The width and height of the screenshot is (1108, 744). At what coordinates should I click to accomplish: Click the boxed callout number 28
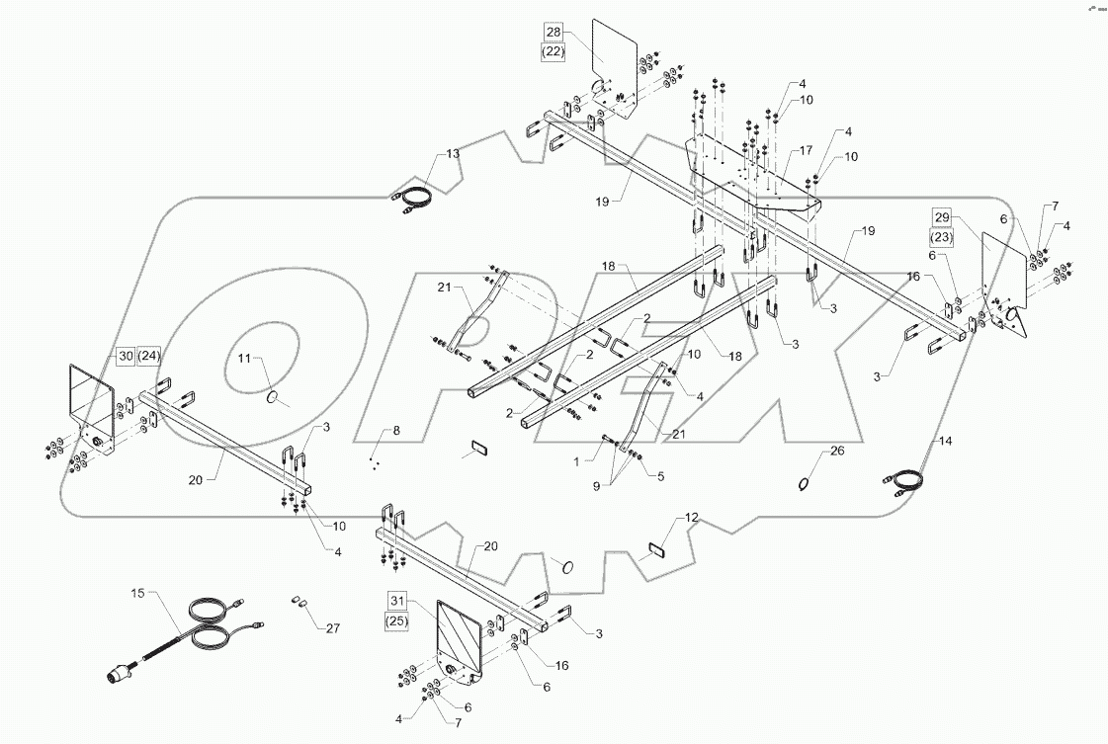[x=552, y=32]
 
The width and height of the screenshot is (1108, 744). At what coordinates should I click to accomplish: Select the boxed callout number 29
[x=941, y=216]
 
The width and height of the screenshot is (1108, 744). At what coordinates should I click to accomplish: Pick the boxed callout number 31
[x=396, y=600]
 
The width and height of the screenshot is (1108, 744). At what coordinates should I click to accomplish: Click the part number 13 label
[x=452, y=154]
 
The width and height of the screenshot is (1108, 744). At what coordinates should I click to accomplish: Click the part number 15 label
[x=136, y=593]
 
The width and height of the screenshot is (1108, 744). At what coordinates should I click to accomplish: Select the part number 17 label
[x=806, y=151]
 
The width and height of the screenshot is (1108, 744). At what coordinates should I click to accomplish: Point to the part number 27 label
[x=331, y=627]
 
